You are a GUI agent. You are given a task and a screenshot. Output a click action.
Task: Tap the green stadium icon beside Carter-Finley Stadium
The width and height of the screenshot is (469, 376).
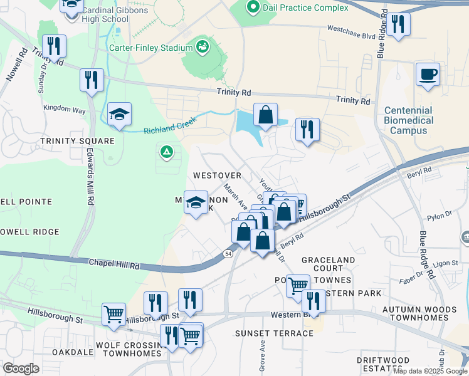click(203, 46)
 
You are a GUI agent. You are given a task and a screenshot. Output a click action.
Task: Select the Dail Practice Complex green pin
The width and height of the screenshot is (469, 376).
click(253, 8)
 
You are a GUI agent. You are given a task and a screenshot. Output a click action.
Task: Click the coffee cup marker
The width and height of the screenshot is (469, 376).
click(428, 74)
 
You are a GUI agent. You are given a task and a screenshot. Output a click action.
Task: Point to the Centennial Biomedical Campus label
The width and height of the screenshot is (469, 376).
click(409, 120)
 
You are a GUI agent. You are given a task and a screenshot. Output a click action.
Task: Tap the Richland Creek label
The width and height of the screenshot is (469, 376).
click(170, 124)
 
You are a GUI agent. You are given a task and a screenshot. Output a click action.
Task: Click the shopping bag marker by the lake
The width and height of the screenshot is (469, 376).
click(265, 115)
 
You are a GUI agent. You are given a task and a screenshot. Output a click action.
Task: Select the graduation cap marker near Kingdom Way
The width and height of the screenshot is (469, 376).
click(119, 114)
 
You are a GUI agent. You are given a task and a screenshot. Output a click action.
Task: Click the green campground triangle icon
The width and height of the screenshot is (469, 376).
click(167, 151)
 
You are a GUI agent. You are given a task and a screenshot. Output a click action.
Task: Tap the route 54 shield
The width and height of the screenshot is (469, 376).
click(228, 253)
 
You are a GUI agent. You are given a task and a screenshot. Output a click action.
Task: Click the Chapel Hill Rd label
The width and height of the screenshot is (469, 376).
click(113, 264)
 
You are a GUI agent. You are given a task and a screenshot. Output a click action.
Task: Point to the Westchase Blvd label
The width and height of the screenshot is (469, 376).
click(351, 28)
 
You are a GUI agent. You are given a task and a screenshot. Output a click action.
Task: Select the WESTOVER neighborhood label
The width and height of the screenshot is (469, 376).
click(217, 175)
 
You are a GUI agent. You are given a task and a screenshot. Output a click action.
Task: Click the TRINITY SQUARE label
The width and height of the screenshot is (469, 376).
click(77, 141)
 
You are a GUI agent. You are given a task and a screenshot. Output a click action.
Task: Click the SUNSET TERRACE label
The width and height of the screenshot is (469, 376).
click(274, 333)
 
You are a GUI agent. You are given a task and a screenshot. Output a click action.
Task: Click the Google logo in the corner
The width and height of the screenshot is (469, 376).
click(20, 368)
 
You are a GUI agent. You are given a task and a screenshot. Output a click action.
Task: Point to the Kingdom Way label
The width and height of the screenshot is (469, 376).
click(64, 109)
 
